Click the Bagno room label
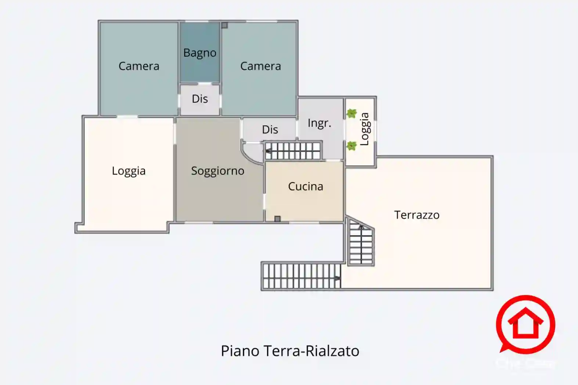[200, 53]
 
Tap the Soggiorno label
[217, 171]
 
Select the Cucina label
[306, 186]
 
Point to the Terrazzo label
[416, 215]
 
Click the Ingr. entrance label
[319, 123]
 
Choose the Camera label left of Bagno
[139, 66]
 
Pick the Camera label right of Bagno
[260, 66]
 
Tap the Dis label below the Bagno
[200, 99]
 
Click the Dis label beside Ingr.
[270, 129]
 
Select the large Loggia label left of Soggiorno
[129, 171]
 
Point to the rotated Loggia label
[364, 129]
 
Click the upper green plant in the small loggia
[351, 113]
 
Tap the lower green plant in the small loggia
[351, 146]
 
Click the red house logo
[525, 325]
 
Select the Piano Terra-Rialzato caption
[290, 351]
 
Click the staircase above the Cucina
[293, 151]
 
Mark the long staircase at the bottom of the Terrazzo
[301, 276]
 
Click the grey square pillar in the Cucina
[278, 219]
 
